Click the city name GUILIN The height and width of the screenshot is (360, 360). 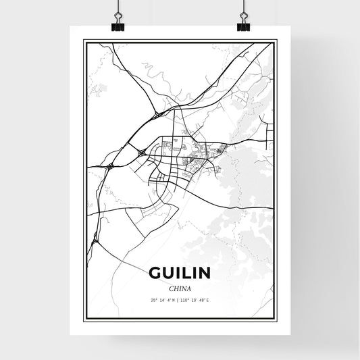point(180,272)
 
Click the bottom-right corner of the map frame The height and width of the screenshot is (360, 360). point(275,318)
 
